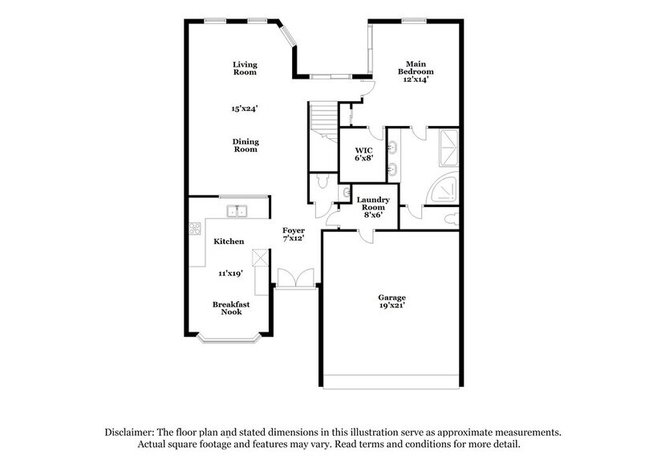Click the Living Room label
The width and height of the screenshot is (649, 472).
(x=245, y=68)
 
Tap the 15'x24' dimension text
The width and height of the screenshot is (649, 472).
(x=245, y=108)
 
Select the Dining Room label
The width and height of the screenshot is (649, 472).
(x=245, y=145)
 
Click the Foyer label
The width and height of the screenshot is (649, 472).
(x=293, y=234)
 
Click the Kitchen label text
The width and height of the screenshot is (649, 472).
(x=229, y=242)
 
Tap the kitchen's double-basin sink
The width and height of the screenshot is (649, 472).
(x=237, y=212)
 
